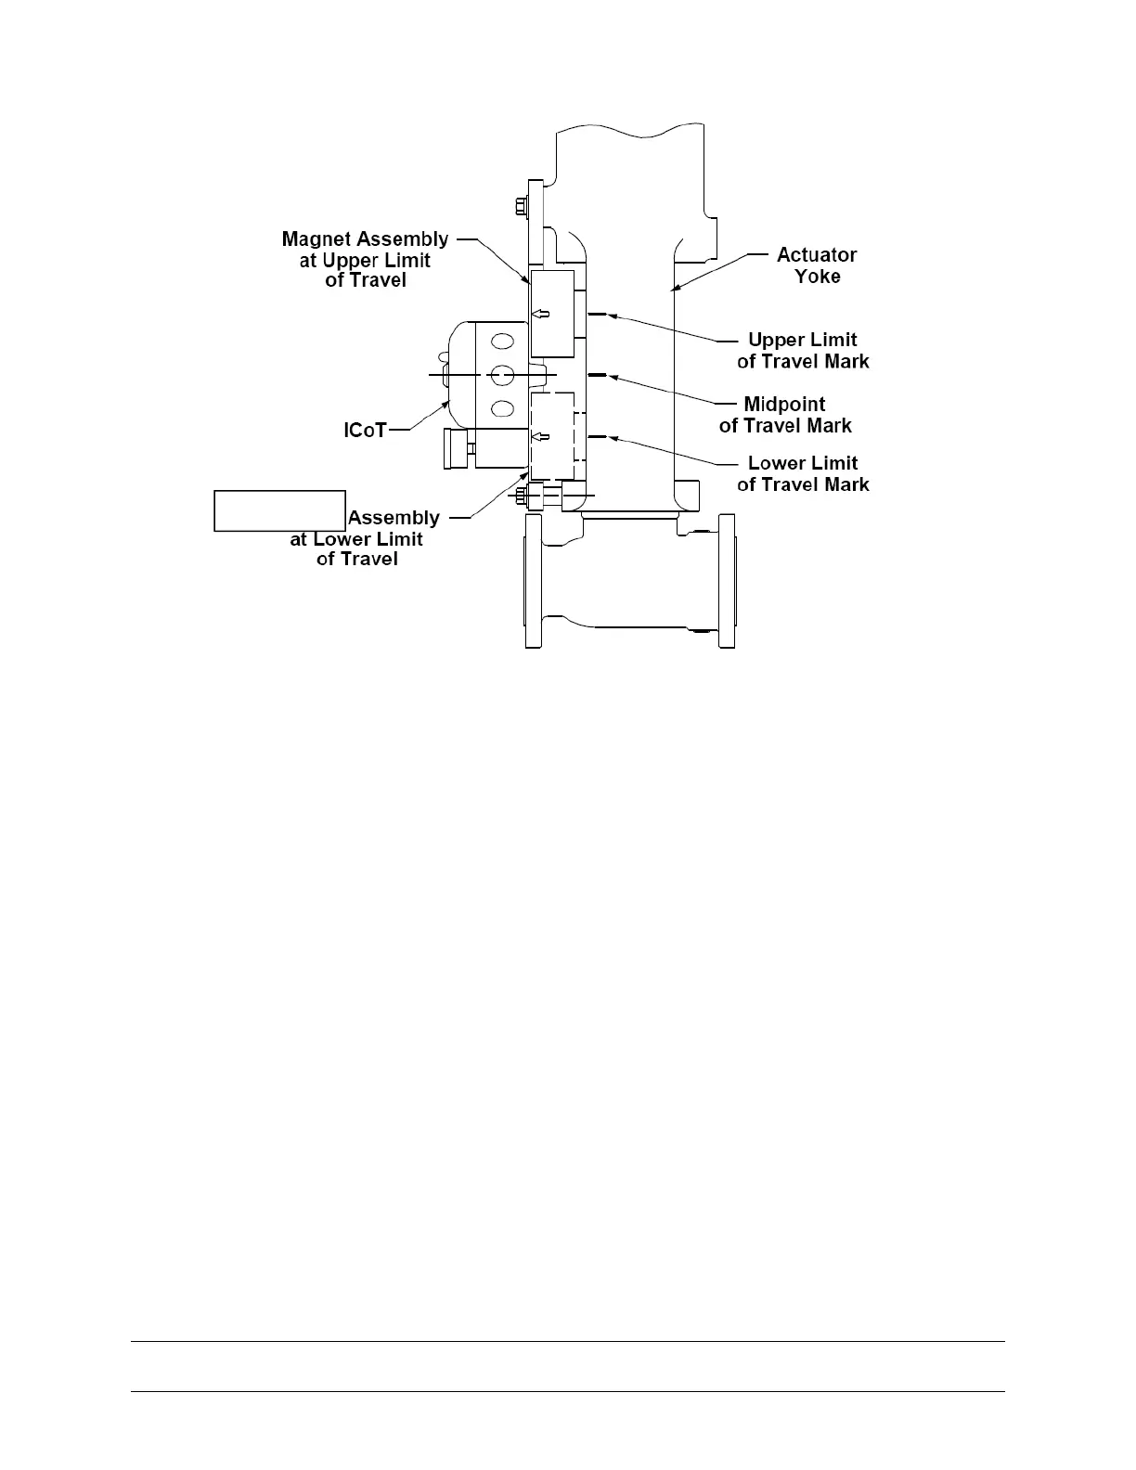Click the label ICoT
click(x=365, y=431)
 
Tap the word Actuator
click(x=816, y=254)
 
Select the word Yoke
click(x=817, y=277)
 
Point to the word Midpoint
click(x=784, y=405)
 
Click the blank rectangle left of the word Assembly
click(x=279, y=510)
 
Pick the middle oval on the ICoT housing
click(x=501, y=375)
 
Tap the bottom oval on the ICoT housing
click(x=501, y=407)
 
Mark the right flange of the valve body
click(x=724, y=580)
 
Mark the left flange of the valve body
click(x=533, y=580)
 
